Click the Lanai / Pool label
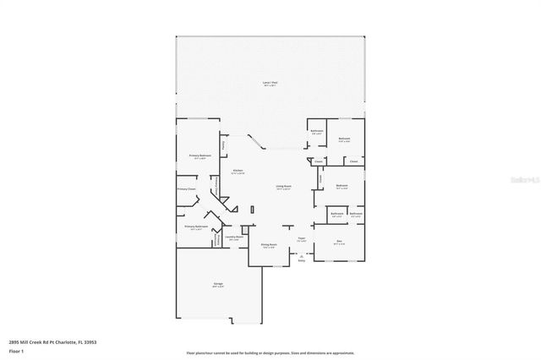tap(270, 84)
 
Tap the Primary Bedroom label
tap(199, 156)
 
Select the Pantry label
tap(223, 147)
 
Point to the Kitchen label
tap(238, 172)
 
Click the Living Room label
tap(283, 188)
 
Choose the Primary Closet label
tap(187, 188)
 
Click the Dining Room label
tap(268, 246)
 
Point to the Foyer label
tap(301, 239)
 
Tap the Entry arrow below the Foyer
tap(301, 259)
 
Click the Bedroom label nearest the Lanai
tap(345, 139)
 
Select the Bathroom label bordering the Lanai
tap(317, 132)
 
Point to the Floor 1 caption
tap(17, 351)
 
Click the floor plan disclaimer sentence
tap(270, 352)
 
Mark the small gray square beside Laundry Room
tap(244, 229)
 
